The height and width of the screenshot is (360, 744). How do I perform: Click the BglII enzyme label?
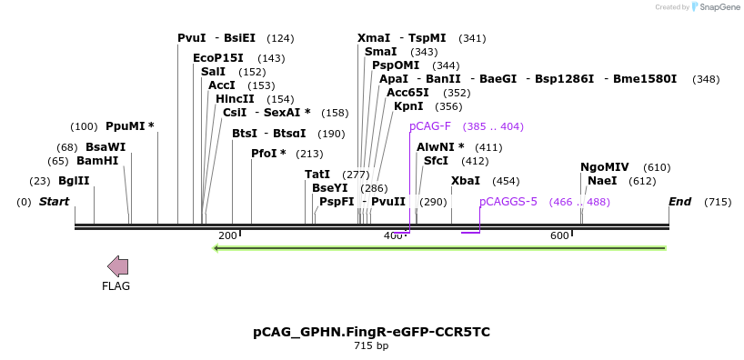coord(74,181)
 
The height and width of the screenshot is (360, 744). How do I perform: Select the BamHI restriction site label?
coord(97,161)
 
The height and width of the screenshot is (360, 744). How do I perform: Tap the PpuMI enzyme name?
coord(126,126)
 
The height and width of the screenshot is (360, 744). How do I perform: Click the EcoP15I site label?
coord(218,57)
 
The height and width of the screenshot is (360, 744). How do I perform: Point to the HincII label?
coord(235,98)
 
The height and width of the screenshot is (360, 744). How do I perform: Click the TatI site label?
coord(317,174)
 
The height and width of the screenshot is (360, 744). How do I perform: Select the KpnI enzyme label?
coord(408,106)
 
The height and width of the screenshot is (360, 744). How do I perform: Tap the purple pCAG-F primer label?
coord(430,126)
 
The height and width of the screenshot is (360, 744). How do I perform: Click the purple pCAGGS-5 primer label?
coord(508,202)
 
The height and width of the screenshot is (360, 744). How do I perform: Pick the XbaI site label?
coord(466,181)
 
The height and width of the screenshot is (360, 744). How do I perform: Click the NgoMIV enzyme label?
coord(605,167)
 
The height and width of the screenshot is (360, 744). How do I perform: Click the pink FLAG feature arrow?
coord(117,266)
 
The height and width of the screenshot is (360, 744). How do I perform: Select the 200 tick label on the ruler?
coord(227,236)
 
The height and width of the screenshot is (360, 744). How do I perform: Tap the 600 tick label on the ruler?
coord(560,236)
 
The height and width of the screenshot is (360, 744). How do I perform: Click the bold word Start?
coord(54,202)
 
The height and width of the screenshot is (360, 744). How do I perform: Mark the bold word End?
coord(679,202)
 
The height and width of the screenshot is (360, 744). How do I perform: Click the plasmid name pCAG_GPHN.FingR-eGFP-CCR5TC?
coord(371,332)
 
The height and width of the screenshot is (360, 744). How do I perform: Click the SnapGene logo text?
coord(719,7)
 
